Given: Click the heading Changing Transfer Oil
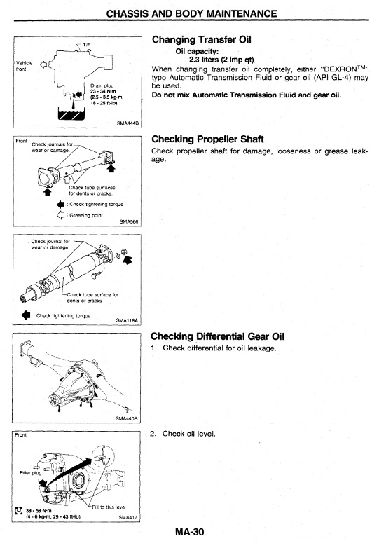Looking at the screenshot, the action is pyautogui.click(x=201, y=39).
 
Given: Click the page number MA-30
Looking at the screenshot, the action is pyautogui.click(x=189, y=532).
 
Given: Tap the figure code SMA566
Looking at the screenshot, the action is pyautogui.click(x=129, y=222).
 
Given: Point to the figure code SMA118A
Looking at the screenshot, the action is pyautogui.click(x=127, y=320).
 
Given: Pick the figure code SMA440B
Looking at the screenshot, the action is pyautogui.click(x=127, y=418).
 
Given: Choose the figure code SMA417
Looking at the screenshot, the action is pyautogui.click(x=128, y=517).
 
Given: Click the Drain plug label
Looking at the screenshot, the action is pyautogui.click(x=102, y=85).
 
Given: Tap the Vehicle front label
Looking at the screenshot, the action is pyautogui.click(x=24, y=66).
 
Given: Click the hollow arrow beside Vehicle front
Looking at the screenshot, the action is pyautogui.click(x=43, y=64).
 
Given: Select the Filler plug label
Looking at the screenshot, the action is pyautogui.click(x=31, y=473).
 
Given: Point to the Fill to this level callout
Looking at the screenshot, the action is pyautogui.click(x=109, y=507).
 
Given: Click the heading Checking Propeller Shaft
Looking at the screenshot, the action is pyautogui.click(x=207, y=139).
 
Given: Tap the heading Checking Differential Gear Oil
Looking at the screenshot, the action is pyautogui.click(x=218, y=336).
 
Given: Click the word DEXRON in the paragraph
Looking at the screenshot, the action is pyautogui.click(x=340, y=69).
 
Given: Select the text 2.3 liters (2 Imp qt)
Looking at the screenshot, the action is pyautogui.click(x=221, y=60).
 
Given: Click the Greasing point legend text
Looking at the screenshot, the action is pyautogui.click(x=86, y=215).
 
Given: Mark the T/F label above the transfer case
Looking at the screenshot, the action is pyautogui.click(x=87, y=45).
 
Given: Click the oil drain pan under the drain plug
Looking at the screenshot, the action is pyautogui.click(x=71, y=114).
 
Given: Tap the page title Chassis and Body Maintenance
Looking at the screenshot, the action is pyautogui.click(x=191, y=13).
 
